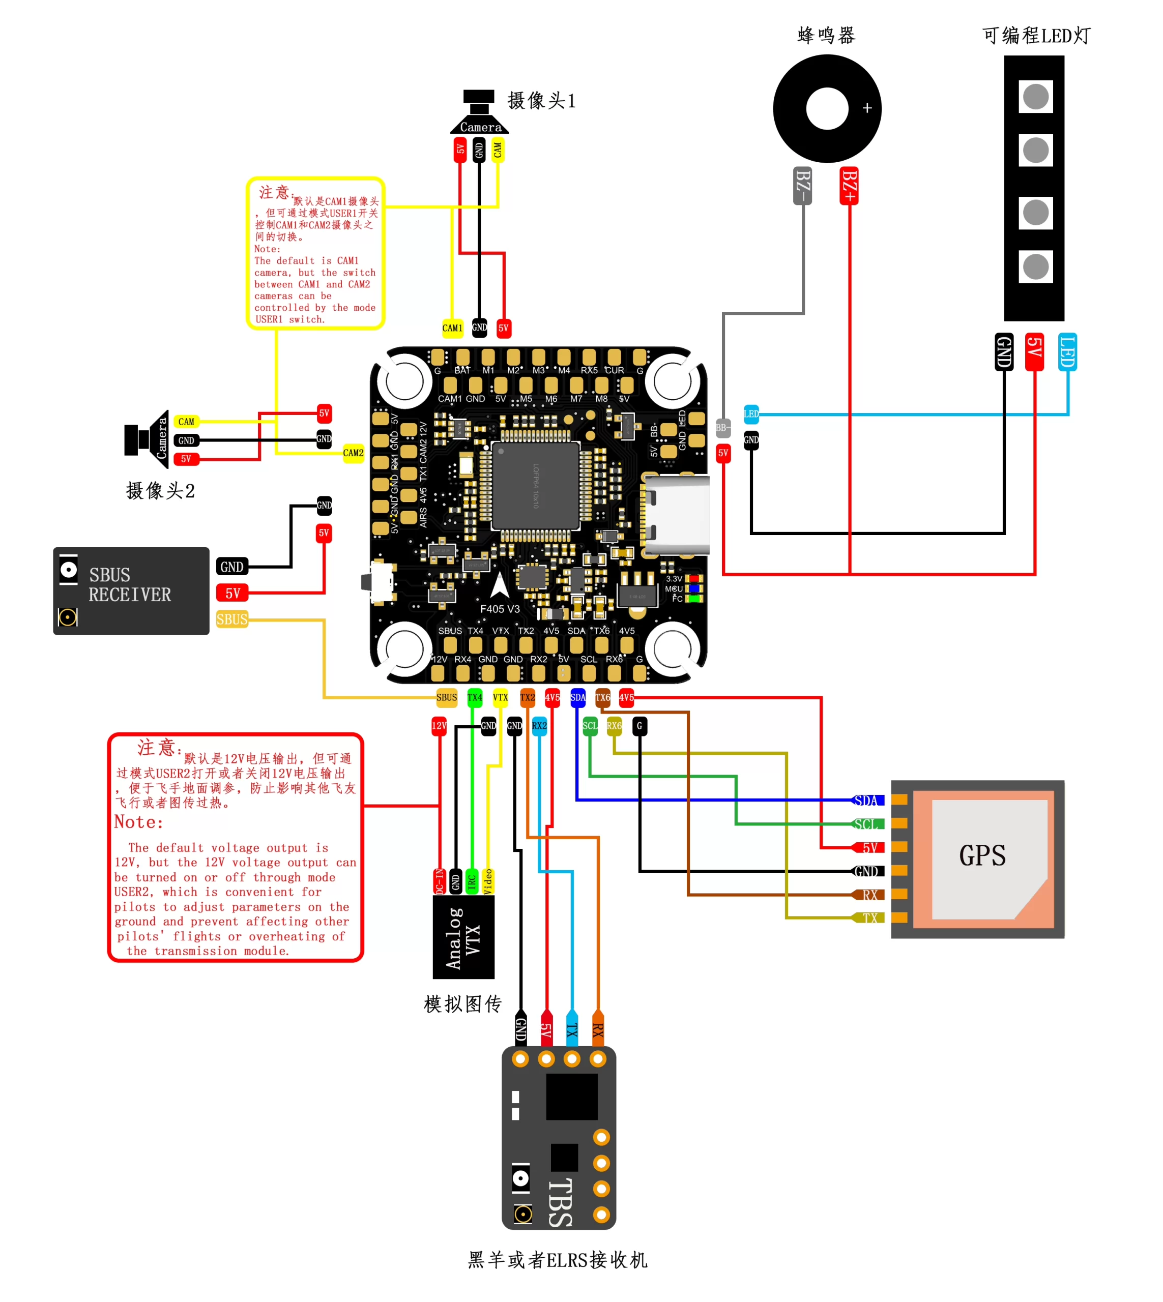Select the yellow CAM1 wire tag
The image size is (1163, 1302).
(452, 329)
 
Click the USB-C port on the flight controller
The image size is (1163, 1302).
(677, 514)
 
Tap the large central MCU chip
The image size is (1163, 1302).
(536, 486)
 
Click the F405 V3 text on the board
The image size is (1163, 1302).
(500, 609)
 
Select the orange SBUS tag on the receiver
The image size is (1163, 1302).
(231, 619)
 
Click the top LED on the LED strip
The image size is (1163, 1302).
(1035, 97)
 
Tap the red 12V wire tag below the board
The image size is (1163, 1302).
(439, 726)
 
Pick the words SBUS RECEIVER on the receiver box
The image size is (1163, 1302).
(130, 584)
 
